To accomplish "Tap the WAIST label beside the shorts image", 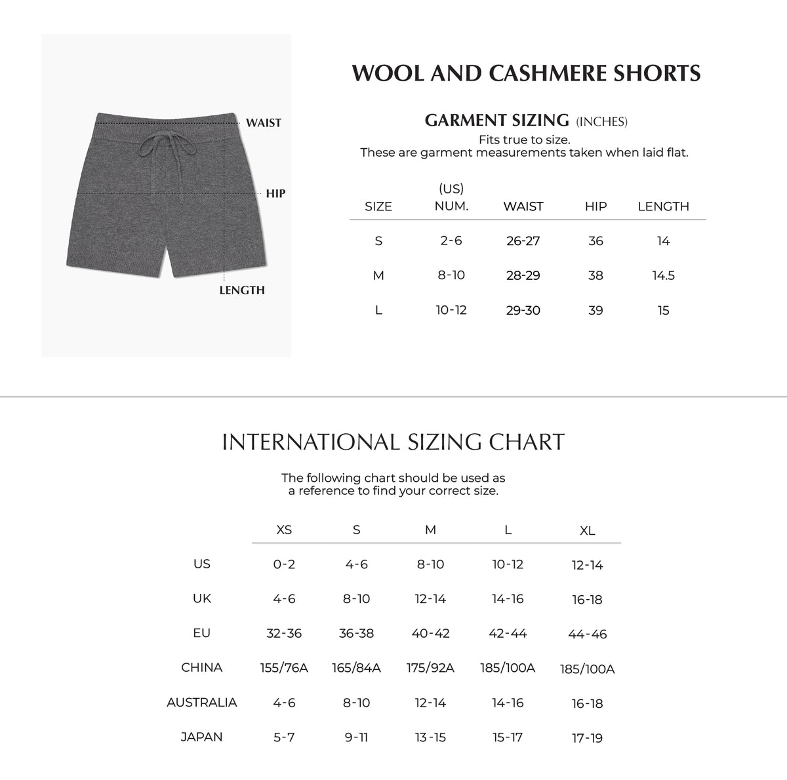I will (264, 123).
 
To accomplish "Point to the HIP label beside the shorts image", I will (275, 193).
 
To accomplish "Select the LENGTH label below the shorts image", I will (242, 290).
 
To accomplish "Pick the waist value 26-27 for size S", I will (523, 241).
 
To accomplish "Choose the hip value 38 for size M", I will (595, 276).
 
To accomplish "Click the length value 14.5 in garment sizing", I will (663, 276).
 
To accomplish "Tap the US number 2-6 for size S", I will (451, 241).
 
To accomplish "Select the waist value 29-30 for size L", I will (523, 311).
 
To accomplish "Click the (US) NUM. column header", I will (451, 198).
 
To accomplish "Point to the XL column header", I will (587, 531).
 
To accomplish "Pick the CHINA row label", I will (202, 668).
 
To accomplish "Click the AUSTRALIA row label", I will (202, 703).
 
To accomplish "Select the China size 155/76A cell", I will (284, 668).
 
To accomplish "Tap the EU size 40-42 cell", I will (430, 634).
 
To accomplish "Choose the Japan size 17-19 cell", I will (587, 738).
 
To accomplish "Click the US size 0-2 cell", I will (284, 564).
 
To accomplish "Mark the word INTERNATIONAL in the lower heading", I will (311, 442).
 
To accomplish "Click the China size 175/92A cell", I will (430, 668).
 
